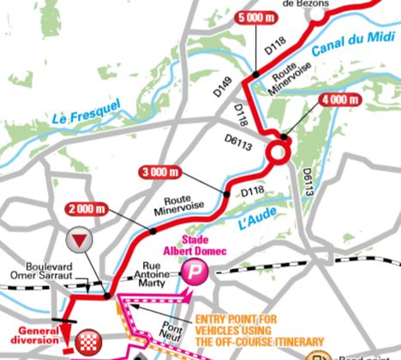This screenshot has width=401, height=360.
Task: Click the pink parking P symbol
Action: pos(193,273)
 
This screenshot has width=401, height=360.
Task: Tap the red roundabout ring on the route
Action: pos(279,153)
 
